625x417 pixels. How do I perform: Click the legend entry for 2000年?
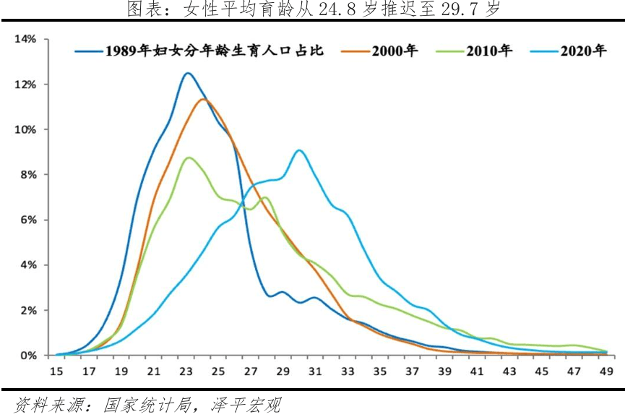(x=395, y=51)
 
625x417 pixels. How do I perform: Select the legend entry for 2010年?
(x=489, y=51)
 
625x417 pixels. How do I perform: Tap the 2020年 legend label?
(x=583, y=51)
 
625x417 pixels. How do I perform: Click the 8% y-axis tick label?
(x=27, y=175)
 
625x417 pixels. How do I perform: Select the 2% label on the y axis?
(x=27, y=310)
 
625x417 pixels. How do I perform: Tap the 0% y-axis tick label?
(x=27, y=356)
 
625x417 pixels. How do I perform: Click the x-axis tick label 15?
(x=57, y=371)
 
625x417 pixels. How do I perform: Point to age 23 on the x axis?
(x=187, y=371)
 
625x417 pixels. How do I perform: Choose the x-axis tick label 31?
(x=316, y=371)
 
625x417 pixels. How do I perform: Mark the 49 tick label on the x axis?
(x=606, y=371)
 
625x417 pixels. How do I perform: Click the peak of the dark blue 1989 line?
(x=188, y=73)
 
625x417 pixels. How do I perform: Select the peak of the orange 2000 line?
(x=203, y=99)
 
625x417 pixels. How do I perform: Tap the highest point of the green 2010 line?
(x=189, y=158)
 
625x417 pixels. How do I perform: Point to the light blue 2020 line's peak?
(x=299, y=150)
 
